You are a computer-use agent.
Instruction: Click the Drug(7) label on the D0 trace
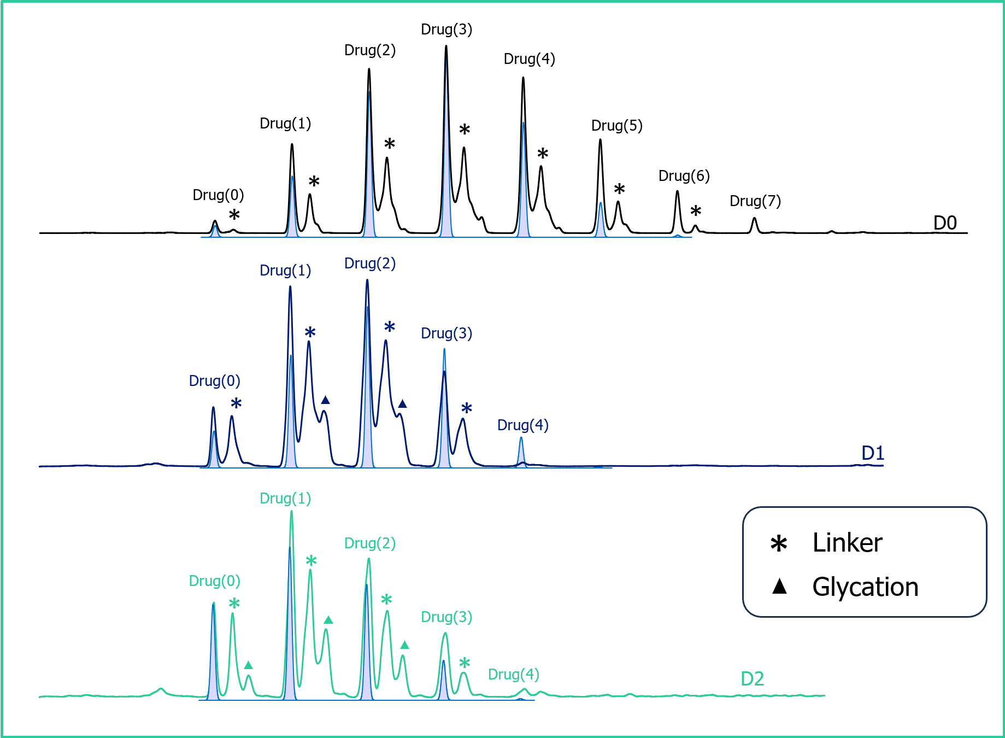click(755, 201)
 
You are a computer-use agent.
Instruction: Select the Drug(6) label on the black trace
click(684, 176)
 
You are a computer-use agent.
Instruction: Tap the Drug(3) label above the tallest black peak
click(446, 30)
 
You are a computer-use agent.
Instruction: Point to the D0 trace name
click(945, 223)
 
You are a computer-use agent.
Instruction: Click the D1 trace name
click(873, 453)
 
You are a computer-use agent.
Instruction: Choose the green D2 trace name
click(753, 679)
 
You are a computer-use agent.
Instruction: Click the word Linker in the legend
click(848, 543)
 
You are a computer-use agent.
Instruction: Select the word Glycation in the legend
click(865, 588)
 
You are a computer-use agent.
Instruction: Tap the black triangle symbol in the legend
click(779, 587)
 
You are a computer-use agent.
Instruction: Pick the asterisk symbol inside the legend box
click(779, 543)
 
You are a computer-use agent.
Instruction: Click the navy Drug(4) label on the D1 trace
click(523, 425)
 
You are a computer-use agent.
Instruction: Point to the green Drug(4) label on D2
click(514, 675)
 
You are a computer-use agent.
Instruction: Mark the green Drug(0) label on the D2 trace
click(215, 581)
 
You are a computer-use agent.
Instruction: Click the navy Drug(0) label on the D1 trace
click(215, 381)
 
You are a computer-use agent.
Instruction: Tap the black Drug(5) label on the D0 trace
click(617, 126)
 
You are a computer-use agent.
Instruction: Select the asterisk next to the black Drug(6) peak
click(696, 211)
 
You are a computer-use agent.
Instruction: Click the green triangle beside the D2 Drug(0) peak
click(249, 665)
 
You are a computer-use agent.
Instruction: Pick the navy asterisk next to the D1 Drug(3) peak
click(467, 408)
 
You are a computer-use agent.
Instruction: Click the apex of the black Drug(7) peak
click(755, 218)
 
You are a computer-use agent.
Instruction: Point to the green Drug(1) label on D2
click(285, 499)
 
